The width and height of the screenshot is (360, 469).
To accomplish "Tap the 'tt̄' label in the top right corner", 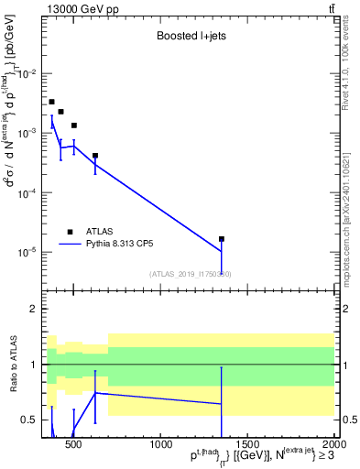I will (x=331, y=8).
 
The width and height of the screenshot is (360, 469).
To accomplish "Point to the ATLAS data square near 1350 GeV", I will (x=222, y=239).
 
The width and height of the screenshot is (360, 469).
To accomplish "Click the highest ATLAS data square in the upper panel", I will (x=52, y=102).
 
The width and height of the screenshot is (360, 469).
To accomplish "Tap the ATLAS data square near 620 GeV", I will (x=95, y=156).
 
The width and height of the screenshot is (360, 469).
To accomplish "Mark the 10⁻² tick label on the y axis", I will (x=29, y=74).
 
